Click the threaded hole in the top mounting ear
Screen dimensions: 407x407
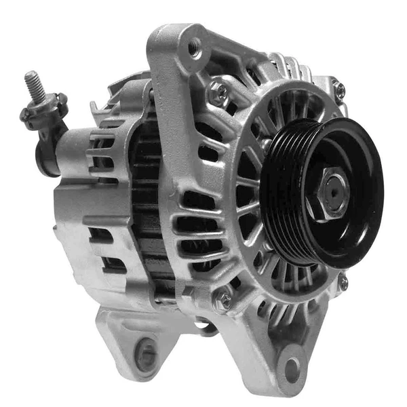[x=195, y=47]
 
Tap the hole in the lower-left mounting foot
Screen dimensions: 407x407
[x=145, y=353]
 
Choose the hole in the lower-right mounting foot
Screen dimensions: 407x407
[x=292, y=370]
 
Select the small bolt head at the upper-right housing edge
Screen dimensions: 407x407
[x=338, y=89]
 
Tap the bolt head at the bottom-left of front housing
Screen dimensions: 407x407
[x=222, y=300]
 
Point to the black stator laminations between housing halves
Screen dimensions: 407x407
[x=146, y=203]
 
